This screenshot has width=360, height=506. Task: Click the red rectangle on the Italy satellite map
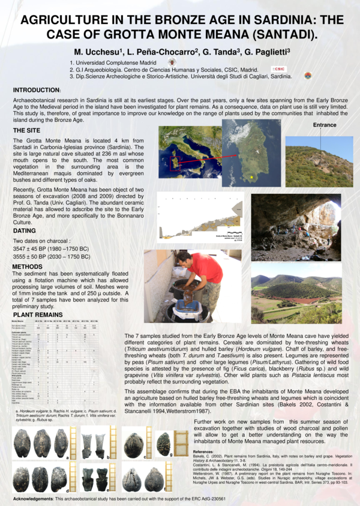coord(176,163)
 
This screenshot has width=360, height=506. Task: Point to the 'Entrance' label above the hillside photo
coord(326,124)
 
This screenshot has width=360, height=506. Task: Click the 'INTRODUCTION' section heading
coord(37,89)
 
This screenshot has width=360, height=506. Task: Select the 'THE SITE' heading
coord(28,130)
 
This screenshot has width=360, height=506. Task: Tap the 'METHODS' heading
coord(28,266)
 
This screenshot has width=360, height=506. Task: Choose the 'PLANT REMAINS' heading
coord(38,314)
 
